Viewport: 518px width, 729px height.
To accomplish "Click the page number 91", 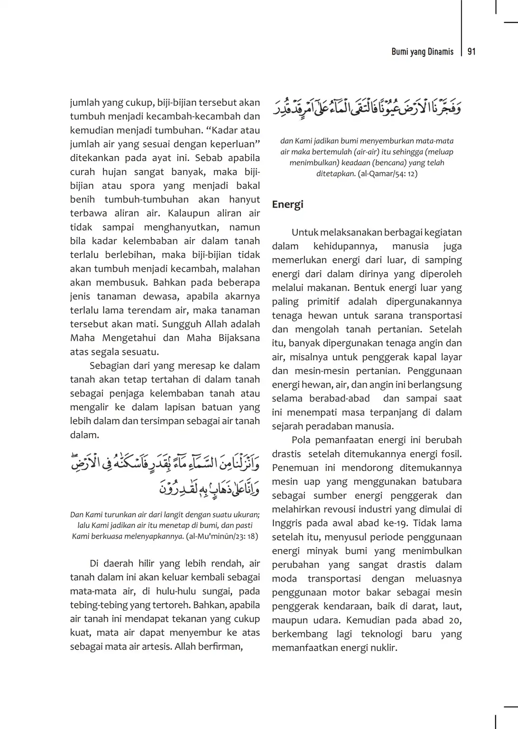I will (472, 52).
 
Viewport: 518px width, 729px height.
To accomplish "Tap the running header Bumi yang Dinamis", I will (422, 52).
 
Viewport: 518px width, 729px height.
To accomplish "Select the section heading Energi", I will (287, 205).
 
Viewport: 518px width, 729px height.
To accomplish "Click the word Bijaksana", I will (237, 338).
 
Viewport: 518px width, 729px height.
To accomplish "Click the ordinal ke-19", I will (392, 523).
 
